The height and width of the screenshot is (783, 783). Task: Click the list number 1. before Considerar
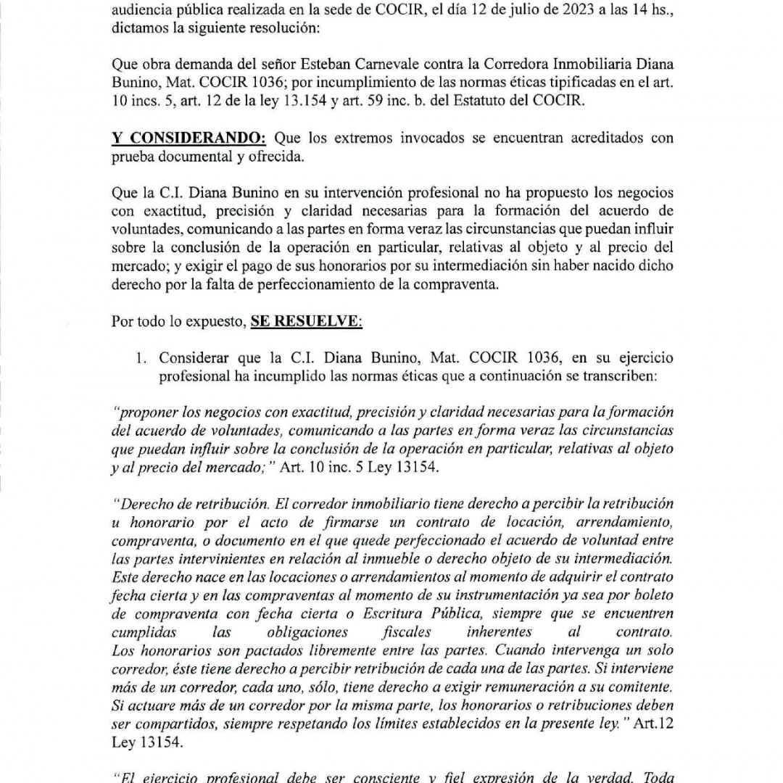(x=143, y=358)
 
